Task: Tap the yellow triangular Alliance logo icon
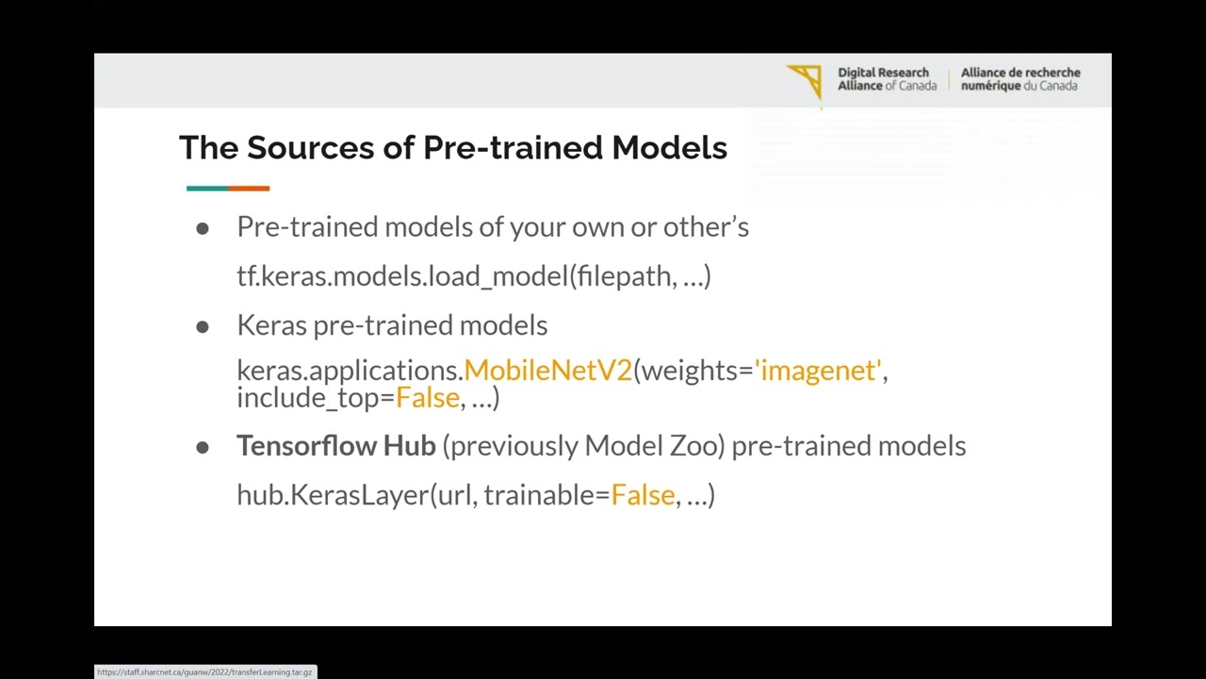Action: [807, 80]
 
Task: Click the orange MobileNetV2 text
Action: [547, 371]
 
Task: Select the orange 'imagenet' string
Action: [818, 371]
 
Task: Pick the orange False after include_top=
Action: [427, 398]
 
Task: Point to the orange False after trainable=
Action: [643, 495]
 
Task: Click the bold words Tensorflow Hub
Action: [335, 446]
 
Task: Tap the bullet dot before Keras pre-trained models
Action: [203, 326]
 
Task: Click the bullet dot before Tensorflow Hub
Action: [203, 447]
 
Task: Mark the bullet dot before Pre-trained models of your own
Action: [203, 228]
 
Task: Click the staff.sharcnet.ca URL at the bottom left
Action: [204, 672]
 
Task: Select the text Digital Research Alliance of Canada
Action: [887, 79]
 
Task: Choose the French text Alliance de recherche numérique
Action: [1020, 79]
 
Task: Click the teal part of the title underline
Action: [207, 189]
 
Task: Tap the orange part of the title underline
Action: [249, 189]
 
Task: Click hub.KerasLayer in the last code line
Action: [333, 495]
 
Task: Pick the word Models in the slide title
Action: [669, 148]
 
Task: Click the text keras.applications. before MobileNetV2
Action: [350, 371]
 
